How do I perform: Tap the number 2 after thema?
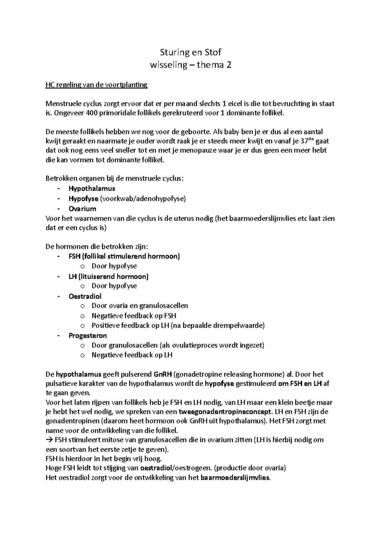coord(229,65)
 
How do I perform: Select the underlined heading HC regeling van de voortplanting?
coord(97,85)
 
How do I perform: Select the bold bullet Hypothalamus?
coord(92,189)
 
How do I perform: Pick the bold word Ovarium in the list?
coord(82,209)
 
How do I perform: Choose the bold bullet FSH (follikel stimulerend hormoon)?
coord(124,256)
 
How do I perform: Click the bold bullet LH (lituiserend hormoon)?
coord(109,276)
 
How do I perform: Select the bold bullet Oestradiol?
coord(85,296)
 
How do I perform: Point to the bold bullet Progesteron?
coord(88,336)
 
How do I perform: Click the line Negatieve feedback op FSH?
coord(134,316)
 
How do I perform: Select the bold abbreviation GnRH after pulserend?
coord(163,374)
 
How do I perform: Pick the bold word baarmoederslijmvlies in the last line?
coord(235,478)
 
